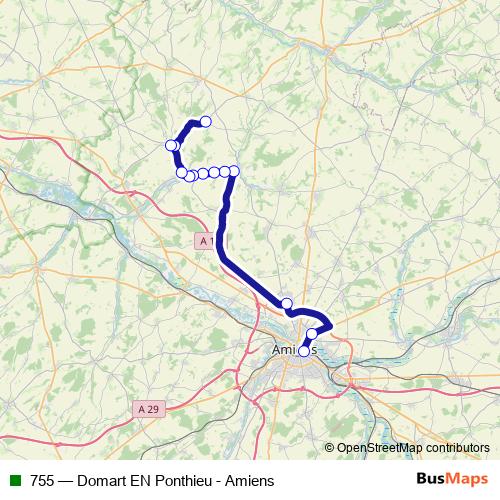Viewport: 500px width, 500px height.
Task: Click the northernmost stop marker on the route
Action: [206, 122]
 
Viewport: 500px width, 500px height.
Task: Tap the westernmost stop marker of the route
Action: [171, 146]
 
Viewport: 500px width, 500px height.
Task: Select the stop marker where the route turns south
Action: [234, 171]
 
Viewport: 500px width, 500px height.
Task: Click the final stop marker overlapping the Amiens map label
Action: [304, 351]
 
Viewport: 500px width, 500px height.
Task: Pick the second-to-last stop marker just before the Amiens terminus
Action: [312, 334]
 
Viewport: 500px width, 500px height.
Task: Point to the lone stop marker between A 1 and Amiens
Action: [286, 304]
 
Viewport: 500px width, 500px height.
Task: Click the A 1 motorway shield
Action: [206, 241]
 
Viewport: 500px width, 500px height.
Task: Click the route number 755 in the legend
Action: [42, 480]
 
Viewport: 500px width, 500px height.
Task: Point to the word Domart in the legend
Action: [111, 480]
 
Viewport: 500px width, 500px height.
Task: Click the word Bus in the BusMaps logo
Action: [431, 479]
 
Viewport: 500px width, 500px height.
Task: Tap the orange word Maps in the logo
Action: [468, 479]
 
